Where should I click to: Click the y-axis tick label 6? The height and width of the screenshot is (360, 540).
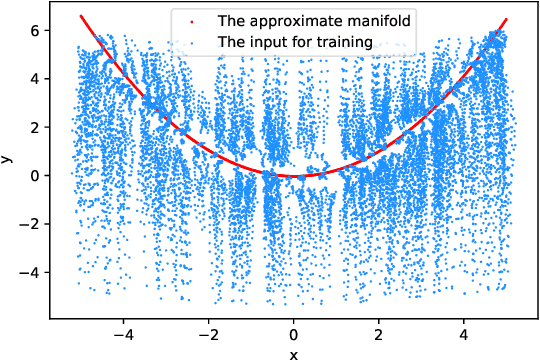[x=33, y=31]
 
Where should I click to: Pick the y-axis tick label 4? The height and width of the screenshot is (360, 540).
[x=33, y=79]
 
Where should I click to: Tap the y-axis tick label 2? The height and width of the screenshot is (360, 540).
[x=33, y=127]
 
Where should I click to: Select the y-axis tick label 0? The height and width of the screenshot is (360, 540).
[x=33, y=175]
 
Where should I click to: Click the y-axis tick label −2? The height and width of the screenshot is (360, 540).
[x=29, y=223]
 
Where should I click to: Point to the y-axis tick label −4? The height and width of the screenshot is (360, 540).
[x=29, y=271]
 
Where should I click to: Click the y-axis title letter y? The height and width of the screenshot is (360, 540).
[x=9, y=158]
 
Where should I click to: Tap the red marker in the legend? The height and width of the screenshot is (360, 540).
[x=178, y=20]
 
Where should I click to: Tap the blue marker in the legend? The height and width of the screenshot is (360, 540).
[x=178, y=42]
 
